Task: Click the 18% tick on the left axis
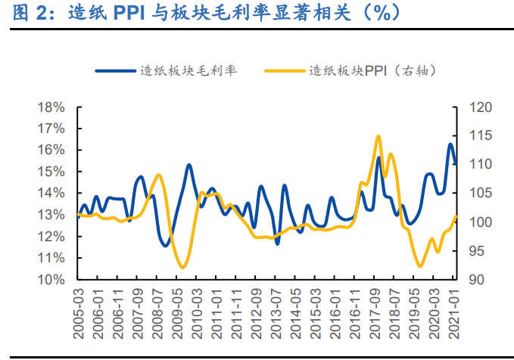tap(51, 107)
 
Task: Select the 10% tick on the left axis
tap(51, 280)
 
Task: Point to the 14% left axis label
tap(51, 194)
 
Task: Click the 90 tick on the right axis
tap(476, 280)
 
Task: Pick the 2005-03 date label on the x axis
tap(79, 313)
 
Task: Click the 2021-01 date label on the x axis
tap(456, 313)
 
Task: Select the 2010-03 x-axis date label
tap(196, 313)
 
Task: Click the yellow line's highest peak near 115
tap(378, 136)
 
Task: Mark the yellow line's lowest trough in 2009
tap(182, 267)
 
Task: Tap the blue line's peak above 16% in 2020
tap(450, 144)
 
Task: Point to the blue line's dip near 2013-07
tap(277, 243)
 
